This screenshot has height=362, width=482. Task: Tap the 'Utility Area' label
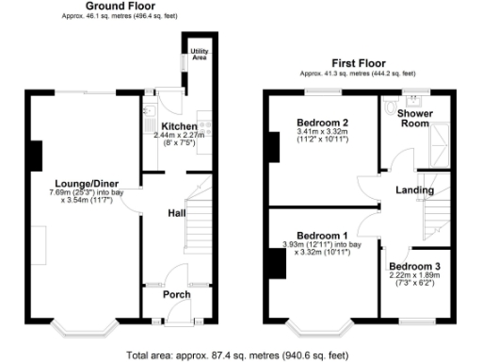[200, 53]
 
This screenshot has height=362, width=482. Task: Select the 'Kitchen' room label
[179, 126]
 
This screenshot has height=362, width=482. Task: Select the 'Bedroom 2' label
[322, 123]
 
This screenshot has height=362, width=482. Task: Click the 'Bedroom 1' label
[322, 235]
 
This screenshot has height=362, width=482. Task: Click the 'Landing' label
[414, 190]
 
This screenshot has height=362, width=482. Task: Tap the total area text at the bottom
[239, 355]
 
